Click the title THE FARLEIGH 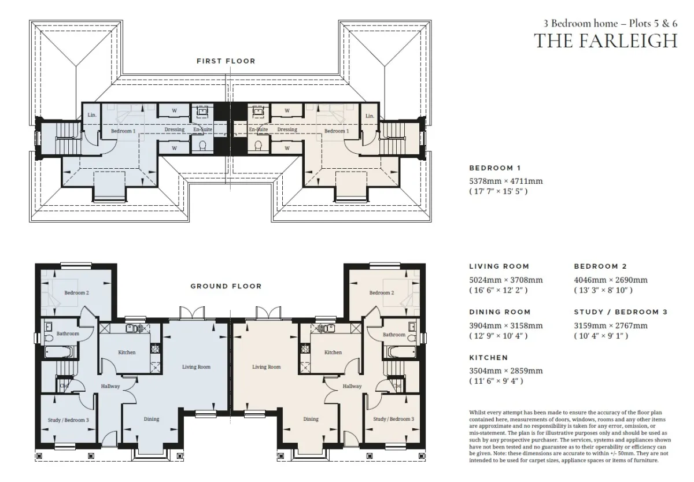click(x=606, y=41)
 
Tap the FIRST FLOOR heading click(x=226, y=61)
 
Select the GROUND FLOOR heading click(x=226, y=286)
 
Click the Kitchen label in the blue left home click(x=127, y=353)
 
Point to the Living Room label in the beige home click(x=267, y=367)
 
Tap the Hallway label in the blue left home click(x=110, y=386)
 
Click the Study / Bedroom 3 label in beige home click(x=393, y=419)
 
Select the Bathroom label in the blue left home click(x=68, y=333)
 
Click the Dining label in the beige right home click(x=311, y=419)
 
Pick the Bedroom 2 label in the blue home click(x=76, y=292)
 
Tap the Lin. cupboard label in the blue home click(x=92, y=115)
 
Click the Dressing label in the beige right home click(x=287, y=129)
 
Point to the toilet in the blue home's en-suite click(x=202, y=146)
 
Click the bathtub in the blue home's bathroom click(x=60, y=352)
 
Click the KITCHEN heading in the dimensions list click(x=489, y=358)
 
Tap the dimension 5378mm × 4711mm click(x=506, y=181)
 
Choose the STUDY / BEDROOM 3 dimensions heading click(x=621, y=312)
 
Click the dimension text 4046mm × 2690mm click(x=611, y=280)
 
